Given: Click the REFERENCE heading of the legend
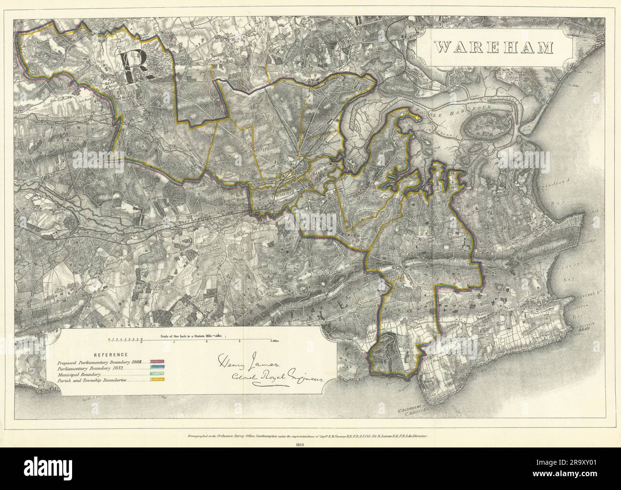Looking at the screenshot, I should pyautogui.click(x=110, y=354).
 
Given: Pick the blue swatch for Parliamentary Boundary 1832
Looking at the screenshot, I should pyautogui.click(x=158, y=368).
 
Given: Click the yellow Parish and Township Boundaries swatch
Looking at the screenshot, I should pyautogui.click(x=158, y=380).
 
